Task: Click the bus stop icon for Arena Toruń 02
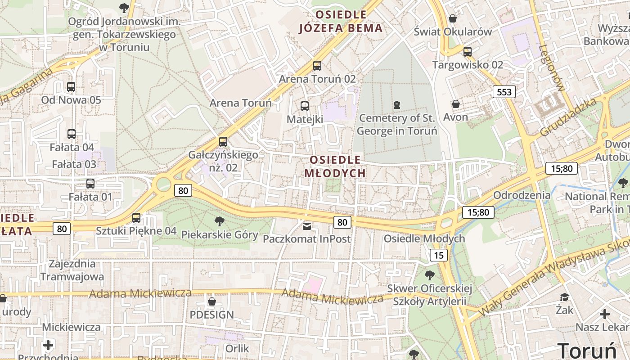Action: coord(317,66)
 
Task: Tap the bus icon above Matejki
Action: coord(305,106)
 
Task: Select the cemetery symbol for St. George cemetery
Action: coord(396,105)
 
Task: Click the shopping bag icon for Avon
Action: coord(456,104)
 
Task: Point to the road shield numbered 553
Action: coord(504,92)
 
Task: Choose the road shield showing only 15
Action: coord(439,256)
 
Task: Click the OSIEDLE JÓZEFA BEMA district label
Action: coord(341,22)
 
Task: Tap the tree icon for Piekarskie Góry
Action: coord(220,221)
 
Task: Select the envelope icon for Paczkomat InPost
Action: coord(307,225)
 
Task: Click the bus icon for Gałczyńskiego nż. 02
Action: coord(223,142)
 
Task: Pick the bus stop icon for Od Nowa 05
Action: coord(71,87)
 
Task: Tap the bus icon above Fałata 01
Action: coord(90,183)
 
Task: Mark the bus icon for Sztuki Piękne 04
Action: coord(136,218)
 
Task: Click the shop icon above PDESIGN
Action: coord(211,301)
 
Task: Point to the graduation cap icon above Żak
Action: coord(564,297)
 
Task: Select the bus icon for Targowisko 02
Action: coord(468,52)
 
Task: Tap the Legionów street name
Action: coord(551,67)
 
